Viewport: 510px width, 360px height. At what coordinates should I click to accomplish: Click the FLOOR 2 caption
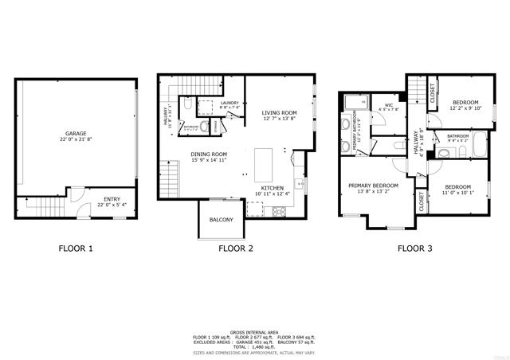click(235, 248)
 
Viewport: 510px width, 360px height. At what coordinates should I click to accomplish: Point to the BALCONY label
click(221, 220)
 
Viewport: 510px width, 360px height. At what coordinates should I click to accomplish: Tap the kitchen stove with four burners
click(280, 211)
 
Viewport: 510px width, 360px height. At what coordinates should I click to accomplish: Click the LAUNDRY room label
click(230, 104)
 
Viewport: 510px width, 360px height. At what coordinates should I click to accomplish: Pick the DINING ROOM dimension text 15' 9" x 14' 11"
click(209, 160)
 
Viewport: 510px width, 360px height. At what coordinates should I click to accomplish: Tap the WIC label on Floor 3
click(389, 105)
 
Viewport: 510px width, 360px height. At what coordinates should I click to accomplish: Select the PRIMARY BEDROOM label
click(372, 185)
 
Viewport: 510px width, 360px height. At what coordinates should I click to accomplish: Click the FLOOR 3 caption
click(414, 248)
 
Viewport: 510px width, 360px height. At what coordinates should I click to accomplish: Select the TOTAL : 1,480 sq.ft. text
click(254, 347)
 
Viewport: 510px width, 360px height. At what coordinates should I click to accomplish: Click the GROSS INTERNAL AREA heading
click(254, 332)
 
